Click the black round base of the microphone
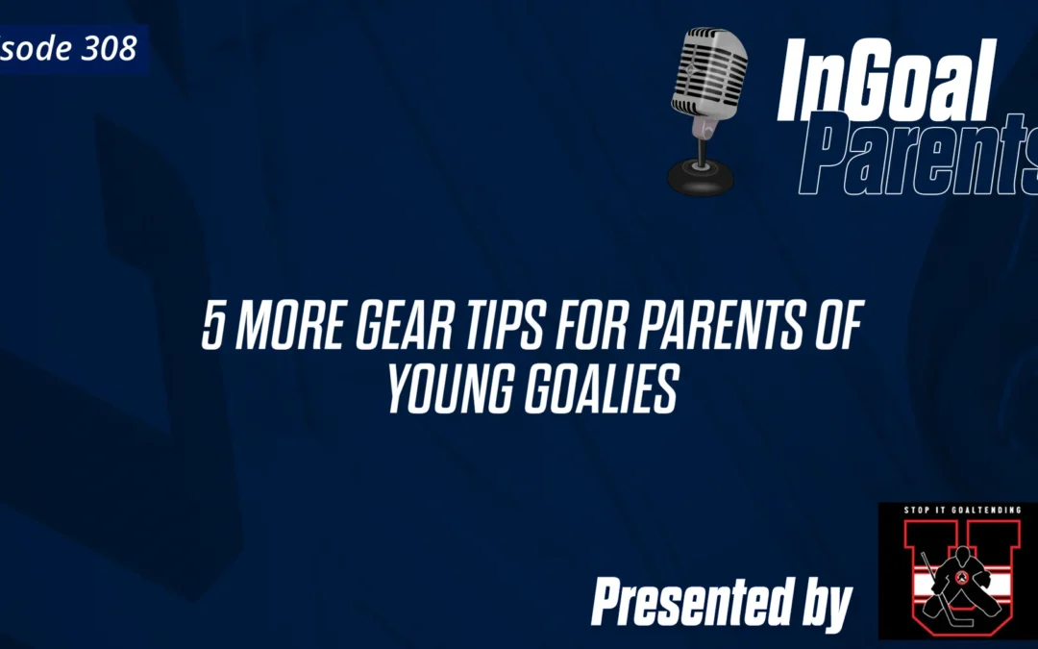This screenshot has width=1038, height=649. pos(701,177)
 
